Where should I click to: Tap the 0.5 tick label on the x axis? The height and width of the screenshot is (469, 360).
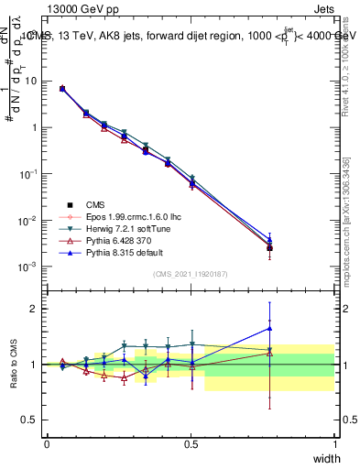click(x=191, y=443)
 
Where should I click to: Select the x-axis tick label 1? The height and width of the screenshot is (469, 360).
click(x=335, y=443)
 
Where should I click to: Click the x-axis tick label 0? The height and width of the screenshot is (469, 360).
click(x=47, y=443)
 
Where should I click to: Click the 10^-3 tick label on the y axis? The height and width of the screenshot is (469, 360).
click(x=29, y=267)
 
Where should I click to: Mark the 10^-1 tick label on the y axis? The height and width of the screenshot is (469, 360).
click(x=29, y=174)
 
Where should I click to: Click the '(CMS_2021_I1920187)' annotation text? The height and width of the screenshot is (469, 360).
click(x=191, y=274)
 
